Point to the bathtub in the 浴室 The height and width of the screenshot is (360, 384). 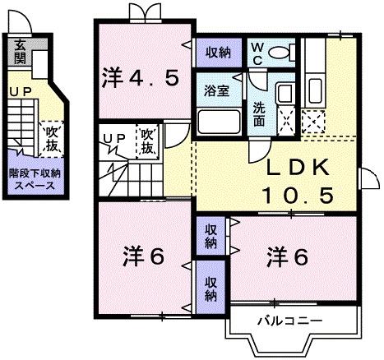217,124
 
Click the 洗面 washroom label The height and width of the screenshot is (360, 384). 259,113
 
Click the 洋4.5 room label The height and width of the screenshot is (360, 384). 140,78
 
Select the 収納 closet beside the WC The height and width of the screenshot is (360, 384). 219,52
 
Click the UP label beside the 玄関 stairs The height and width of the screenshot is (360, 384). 17,93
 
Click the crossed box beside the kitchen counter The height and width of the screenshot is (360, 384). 313,122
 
